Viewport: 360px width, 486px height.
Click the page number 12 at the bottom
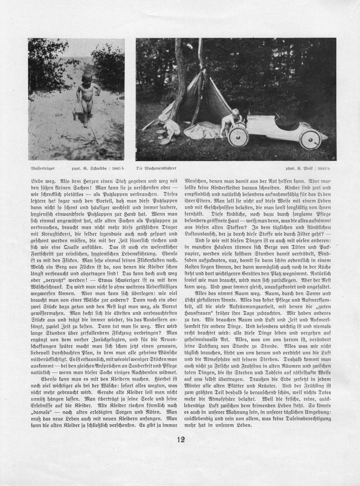point(181,440)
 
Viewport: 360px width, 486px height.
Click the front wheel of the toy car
point(237,138)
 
